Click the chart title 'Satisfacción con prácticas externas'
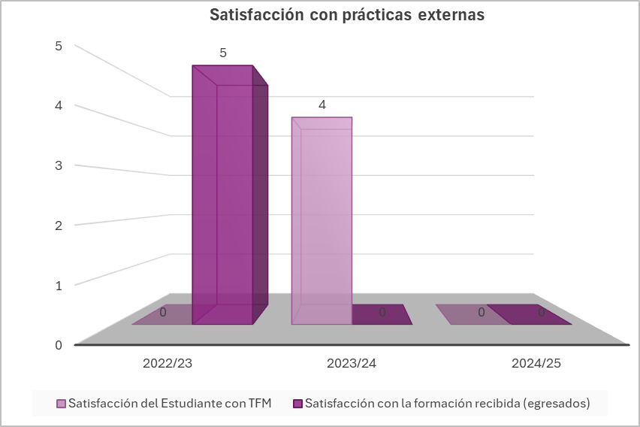[x=346, y=16]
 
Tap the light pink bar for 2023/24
[x=322, y=222]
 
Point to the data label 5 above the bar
[x=223, y=53]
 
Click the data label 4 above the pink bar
[x=322, y=105]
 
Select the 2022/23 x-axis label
[x=168, y=363]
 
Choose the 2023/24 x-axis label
[x=352, y=363]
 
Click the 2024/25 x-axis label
[x=536, y=363]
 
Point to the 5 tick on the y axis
[x=58, y=46]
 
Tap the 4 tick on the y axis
[x=58, y=105]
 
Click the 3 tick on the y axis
[x=58, y=165]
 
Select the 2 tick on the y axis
[x=58, y=225]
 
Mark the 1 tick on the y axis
[x=58, y=285]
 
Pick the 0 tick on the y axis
[x=58, y=345]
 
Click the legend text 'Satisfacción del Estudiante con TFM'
[x=170, y=404]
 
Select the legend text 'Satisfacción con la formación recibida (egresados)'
[x=448, y=404]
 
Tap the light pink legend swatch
[x=62, y=404]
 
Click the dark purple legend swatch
[x=298, y=404]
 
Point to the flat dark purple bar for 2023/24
[x=382, y=314]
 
